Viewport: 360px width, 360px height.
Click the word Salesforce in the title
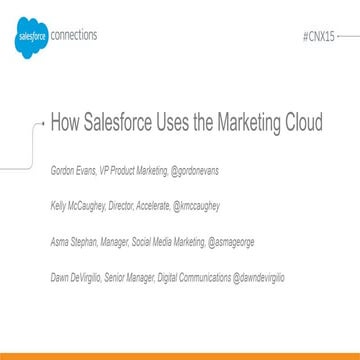pyautogui.click(x=128, y=124)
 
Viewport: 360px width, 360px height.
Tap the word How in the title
pyautogui.click(x=66, y=124)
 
